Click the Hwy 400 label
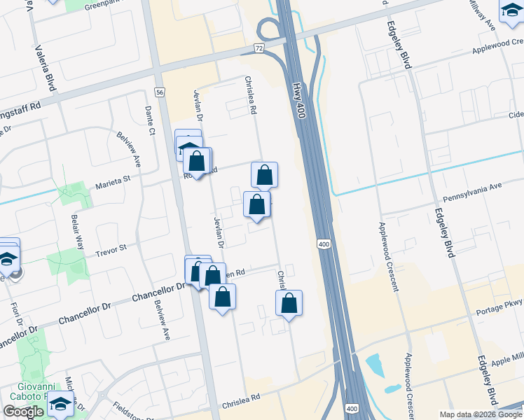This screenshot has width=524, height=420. pos(299,100)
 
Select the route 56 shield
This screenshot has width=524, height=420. pos(160,92)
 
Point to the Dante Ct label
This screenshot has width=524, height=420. pos(149,119)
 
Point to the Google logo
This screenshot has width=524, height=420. pos(23,412)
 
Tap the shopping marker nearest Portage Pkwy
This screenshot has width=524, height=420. pos(289,304)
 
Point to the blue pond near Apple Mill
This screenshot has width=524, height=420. pos(374,365)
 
